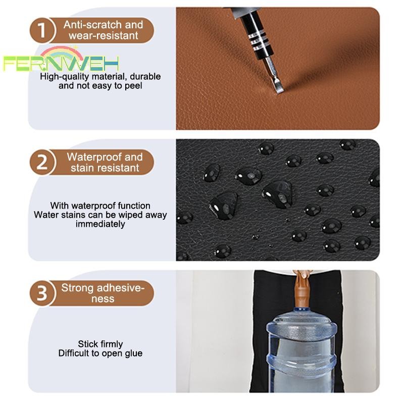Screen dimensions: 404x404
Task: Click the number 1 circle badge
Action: pos(42,30)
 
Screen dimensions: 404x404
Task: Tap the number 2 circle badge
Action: pos(42,162)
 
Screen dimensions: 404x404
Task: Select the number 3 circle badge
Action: pos(42,293)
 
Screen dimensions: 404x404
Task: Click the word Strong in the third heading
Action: pos(77,288)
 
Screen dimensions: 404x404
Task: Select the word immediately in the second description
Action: pos(100,224)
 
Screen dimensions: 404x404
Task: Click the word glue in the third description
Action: pos(134,353)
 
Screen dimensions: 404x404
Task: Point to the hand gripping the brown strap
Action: pos(302,274)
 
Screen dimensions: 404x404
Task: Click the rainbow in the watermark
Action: pos(62,53)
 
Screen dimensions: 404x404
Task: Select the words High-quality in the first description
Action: pos(65,77)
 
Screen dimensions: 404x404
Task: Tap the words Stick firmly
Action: pos(100,344)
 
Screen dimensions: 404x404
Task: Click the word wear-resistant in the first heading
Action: pos(104,35)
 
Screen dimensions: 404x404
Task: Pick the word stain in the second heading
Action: pos(82,168)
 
